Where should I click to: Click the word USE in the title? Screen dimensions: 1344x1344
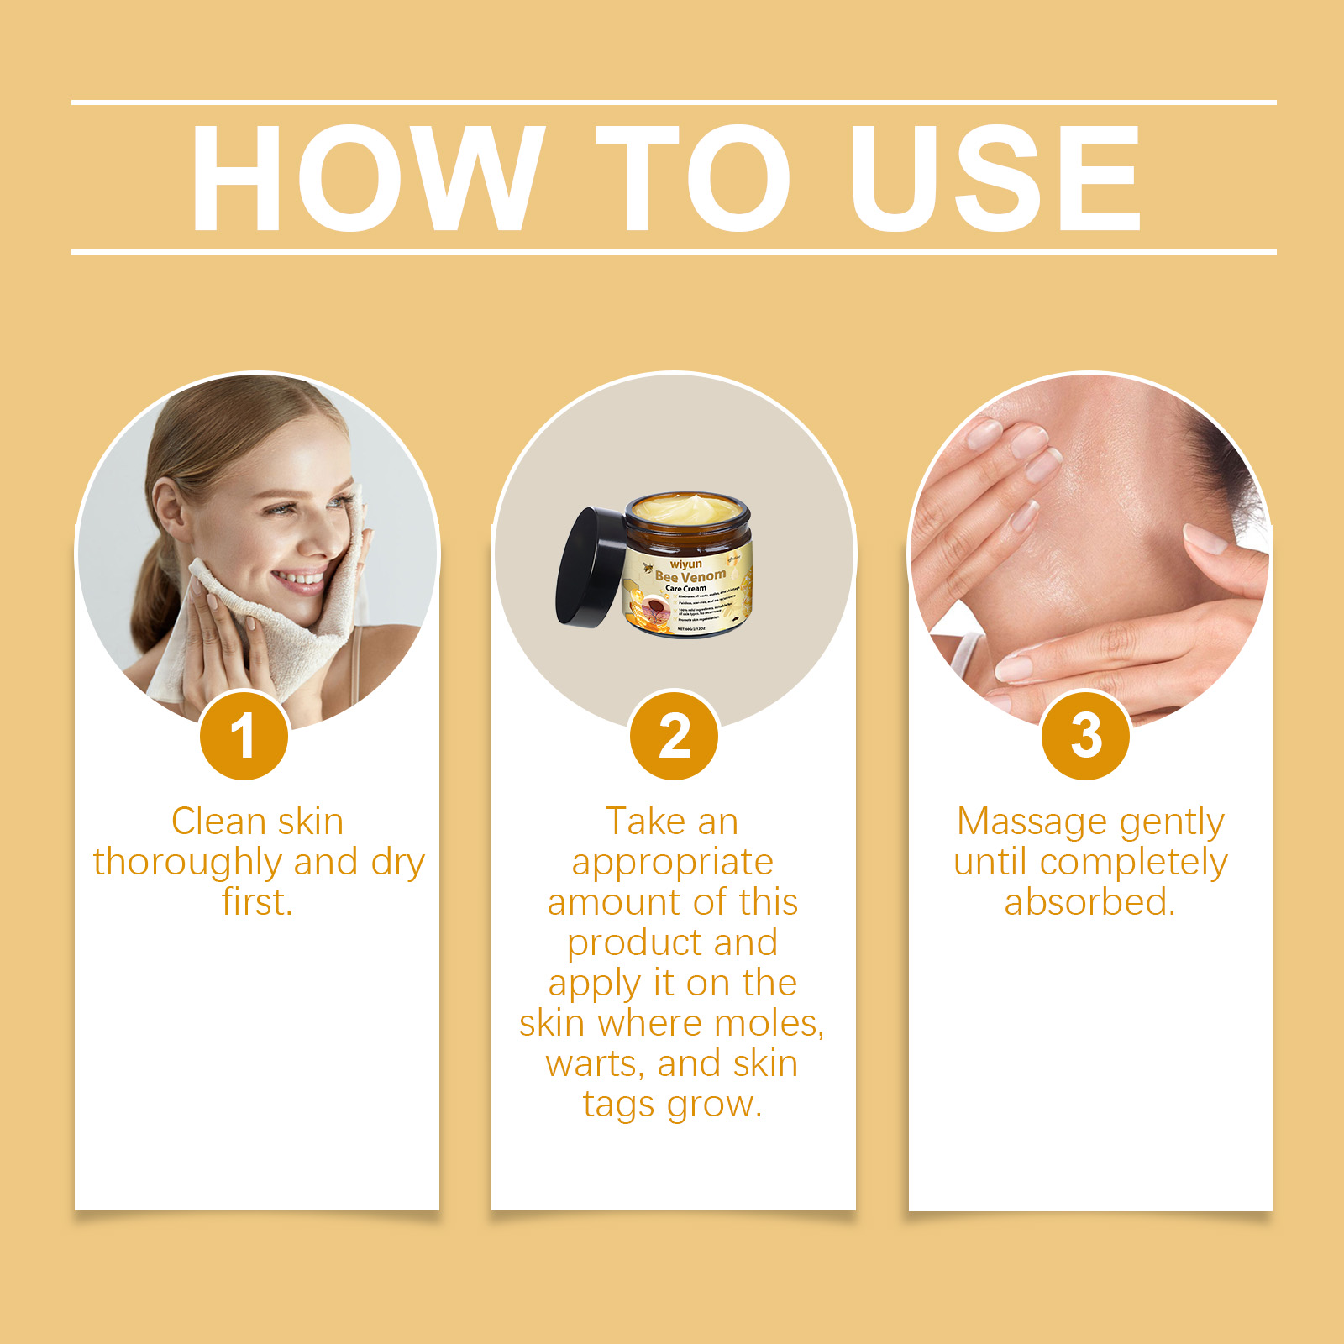[x=995, y=178]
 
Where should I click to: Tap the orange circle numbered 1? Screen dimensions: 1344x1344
[x=244, y=736]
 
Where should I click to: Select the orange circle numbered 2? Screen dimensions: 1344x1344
[x=674, y=736]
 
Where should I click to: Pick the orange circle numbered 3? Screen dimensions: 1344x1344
[x=1085, y=736]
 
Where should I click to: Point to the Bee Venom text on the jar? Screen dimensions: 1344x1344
[x=690, y=576]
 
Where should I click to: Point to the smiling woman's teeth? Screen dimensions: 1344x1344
[x=298, y=579]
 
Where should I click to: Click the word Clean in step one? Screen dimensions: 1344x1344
[x=218, y=822]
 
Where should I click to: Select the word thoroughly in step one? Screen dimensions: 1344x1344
[x=187, y=863]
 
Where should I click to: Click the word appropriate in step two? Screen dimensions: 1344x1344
[x=672, y=863]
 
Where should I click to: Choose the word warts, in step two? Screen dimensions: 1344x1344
[x=596, y=1064]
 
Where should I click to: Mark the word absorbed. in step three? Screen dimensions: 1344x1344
[x=1089, y=902]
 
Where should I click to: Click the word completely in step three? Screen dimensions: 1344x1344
[x=1133, y=863]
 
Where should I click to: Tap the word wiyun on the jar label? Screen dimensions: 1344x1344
[x=685, y=564]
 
